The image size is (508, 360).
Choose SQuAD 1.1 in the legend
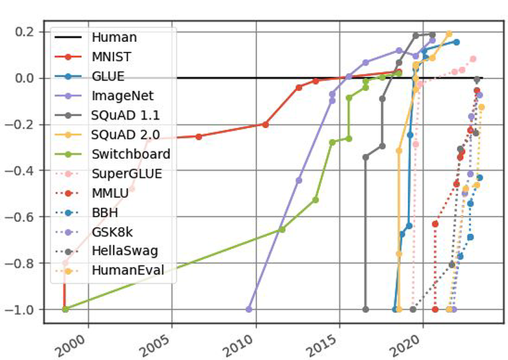[124, 115]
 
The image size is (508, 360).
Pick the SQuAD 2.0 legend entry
[124, 135]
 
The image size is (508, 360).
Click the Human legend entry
[114, 38]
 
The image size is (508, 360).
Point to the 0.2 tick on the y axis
[27, 32]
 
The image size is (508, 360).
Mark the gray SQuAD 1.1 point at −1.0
[365, 309]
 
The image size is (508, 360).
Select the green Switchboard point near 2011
[282, 229]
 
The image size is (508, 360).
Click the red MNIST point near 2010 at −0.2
[266, 124]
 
